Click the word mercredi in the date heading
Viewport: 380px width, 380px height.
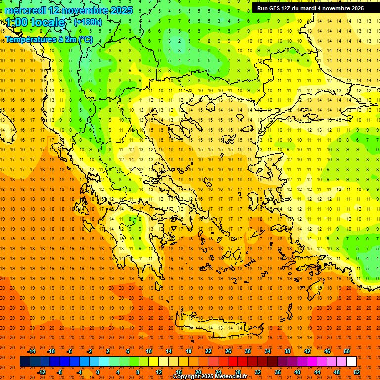click(x=27, y=10)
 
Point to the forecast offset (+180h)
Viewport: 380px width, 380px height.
click(x=88, y=22)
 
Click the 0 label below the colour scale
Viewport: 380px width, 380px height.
click(x=97, y=372)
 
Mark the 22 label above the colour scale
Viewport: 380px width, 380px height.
click(x=208, y=351)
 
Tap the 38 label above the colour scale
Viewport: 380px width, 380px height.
click(x=287, y=351)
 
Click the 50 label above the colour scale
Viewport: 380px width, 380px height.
click(x=347, y=351)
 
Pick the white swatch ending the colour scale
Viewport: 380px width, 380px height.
click(x=351, y=362)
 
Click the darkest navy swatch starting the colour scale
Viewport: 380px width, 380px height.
click(x=25, y=362)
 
